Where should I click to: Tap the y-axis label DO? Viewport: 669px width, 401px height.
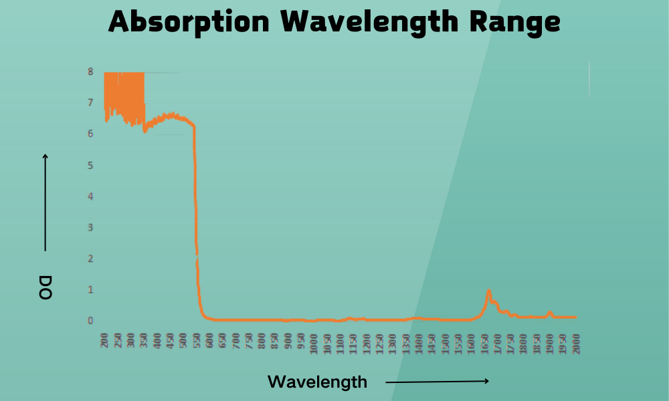coord(45,286)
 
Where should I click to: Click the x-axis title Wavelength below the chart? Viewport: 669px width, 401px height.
coord(317,382)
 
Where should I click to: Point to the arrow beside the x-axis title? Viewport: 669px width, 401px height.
coord(438,382)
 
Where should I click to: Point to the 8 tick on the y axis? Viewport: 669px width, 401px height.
coord(90,72)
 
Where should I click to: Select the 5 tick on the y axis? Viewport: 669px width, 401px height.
coord(90,165)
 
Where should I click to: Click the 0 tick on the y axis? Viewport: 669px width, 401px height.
coord(90,321)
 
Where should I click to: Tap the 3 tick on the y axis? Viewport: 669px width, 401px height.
coord(90,227)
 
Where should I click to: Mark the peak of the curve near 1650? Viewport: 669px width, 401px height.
coord(489,291)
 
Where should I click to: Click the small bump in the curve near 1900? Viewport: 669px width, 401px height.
coord(549,312)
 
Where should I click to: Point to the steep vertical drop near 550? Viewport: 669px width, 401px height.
coord(195,200)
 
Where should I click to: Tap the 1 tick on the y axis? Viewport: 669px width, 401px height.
coord(90,289)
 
